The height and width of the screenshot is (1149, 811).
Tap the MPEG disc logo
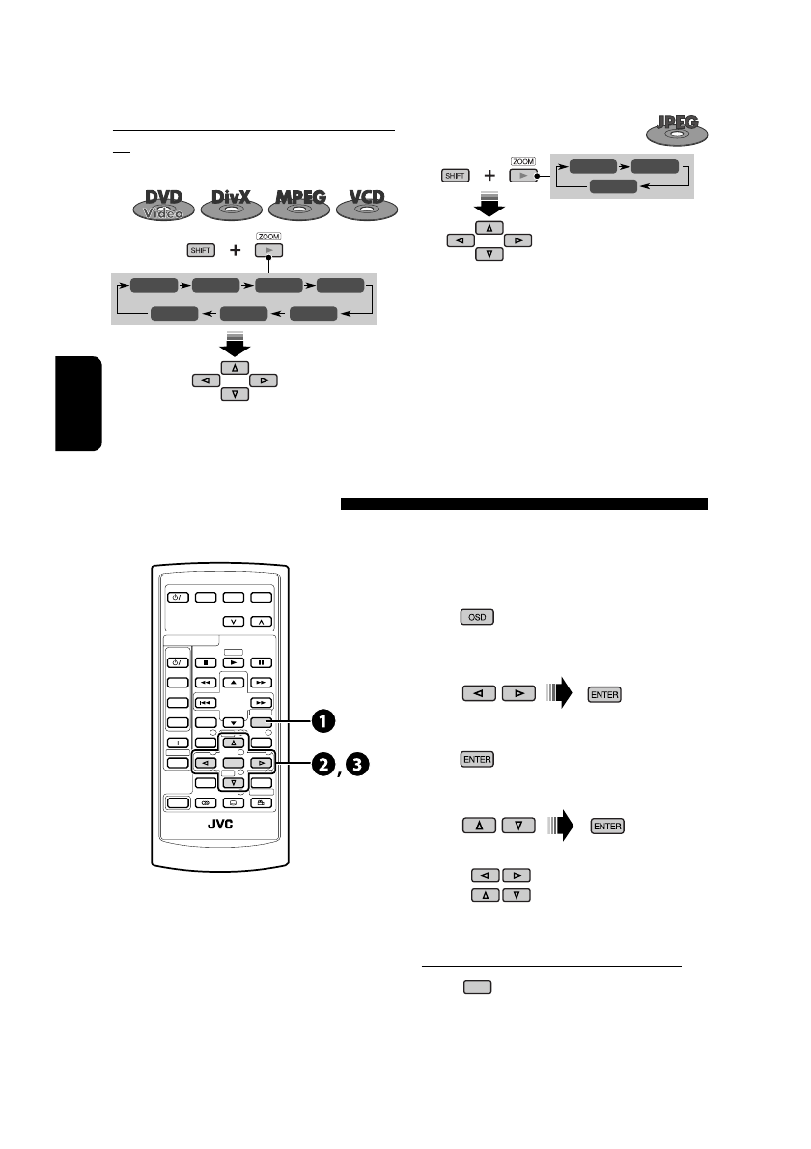[299, 207]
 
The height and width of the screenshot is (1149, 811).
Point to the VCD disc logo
[367, 207]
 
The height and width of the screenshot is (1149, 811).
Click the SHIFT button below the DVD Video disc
[201, 250]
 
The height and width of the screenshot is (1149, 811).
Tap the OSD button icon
[474, 616]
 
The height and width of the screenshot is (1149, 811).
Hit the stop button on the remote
[206, 662]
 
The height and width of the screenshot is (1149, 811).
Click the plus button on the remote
[176, 743]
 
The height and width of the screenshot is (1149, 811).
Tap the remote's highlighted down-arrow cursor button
[231, 780]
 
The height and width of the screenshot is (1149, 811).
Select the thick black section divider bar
[524, 504]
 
